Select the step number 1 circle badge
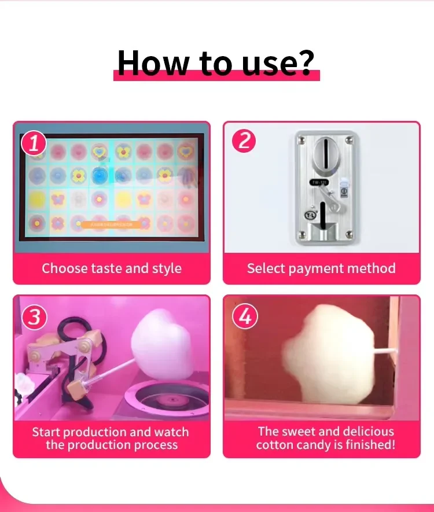coord(34,143)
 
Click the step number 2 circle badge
coord(244,141)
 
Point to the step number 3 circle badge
coord(34,317)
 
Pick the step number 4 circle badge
coord(245,317)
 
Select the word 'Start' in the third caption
coord(46,432)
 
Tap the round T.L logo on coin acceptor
coord(309,215)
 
